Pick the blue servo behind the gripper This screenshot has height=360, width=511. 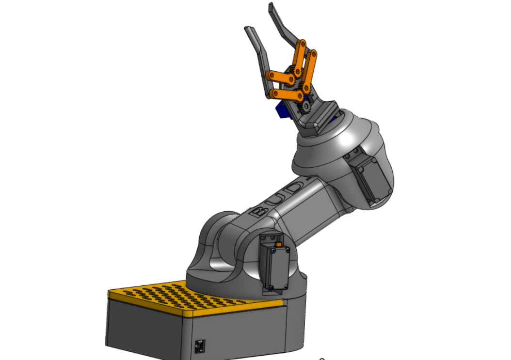pyautogui.click(x=281, y=110)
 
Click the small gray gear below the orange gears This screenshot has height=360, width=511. pyautogui.click(x=305, y=106)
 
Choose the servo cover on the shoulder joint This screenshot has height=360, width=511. pyautogui.click(x=275, y=264)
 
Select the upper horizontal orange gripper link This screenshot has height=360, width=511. pyautogui.click(x=280, y=76)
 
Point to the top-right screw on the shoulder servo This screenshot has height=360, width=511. pyautogui.click(x=287, y=250)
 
